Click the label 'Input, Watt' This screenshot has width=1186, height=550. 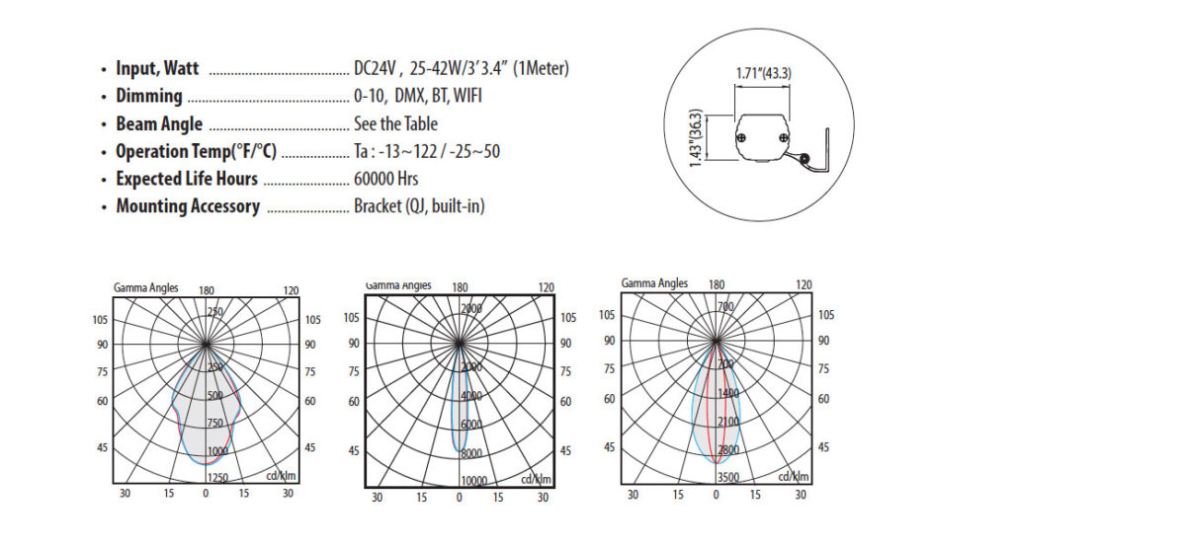(157, 69)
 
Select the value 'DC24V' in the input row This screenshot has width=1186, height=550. (376, 69)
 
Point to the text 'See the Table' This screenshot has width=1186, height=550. (395, 124)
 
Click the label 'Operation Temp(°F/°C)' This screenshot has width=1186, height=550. (196, 152)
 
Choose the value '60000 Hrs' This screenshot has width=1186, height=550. (385, 180)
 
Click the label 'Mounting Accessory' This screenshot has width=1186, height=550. (188, 206)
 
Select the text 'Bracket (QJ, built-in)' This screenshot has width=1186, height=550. (419, 206)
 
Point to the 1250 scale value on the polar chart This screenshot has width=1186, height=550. (217, 478)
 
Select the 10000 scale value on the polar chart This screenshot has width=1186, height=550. (473, 480)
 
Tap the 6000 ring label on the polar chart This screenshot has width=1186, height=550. (471, 425)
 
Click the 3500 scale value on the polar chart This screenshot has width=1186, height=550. (727, 477)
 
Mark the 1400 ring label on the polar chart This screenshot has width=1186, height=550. (727, 393)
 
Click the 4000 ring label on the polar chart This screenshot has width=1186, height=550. (471, 396)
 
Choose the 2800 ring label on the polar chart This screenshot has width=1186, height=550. (727, 449)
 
